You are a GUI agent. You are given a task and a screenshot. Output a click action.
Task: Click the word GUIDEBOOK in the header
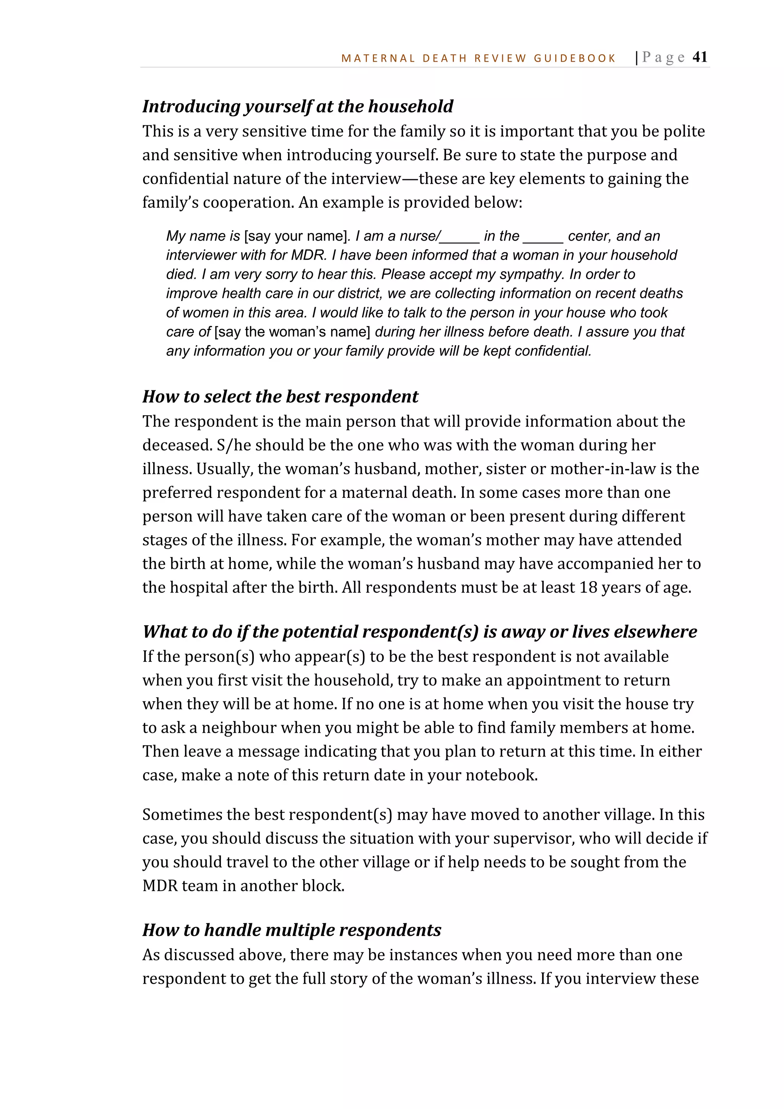pos(575,59)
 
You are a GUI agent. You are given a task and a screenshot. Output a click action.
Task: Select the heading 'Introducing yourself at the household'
pos(297,106)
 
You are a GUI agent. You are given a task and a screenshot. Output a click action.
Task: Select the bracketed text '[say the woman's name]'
pos(292,332)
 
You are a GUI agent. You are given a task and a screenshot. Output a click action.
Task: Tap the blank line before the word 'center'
pos(543,238)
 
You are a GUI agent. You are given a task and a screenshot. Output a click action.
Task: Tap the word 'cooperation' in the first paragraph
pos(248,202)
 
